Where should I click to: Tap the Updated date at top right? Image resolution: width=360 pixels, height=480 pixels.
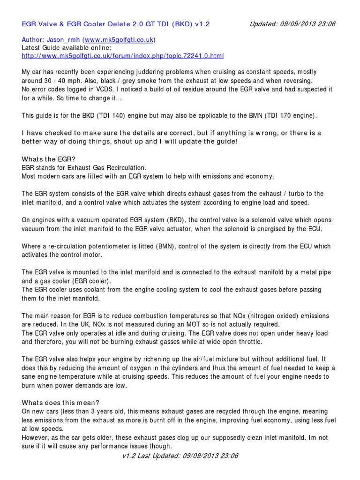click(x=292, y=23)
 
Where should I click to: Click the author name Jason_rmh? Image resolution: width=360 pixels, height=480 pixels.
click(x=62, y=40)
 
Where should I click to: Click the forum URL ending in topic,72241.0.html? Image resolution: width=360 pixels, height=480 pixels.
click(x=123, y=56)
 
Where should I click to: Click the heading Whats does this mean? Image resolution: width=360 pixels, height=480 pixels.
click(x=60, y=403)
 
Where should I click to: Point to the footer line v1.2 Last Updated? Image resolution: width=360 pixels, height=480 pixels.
click(x=180, y=456)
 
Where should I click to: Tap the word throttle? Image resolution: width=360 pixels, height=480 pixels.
click(x=248, y=341)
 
